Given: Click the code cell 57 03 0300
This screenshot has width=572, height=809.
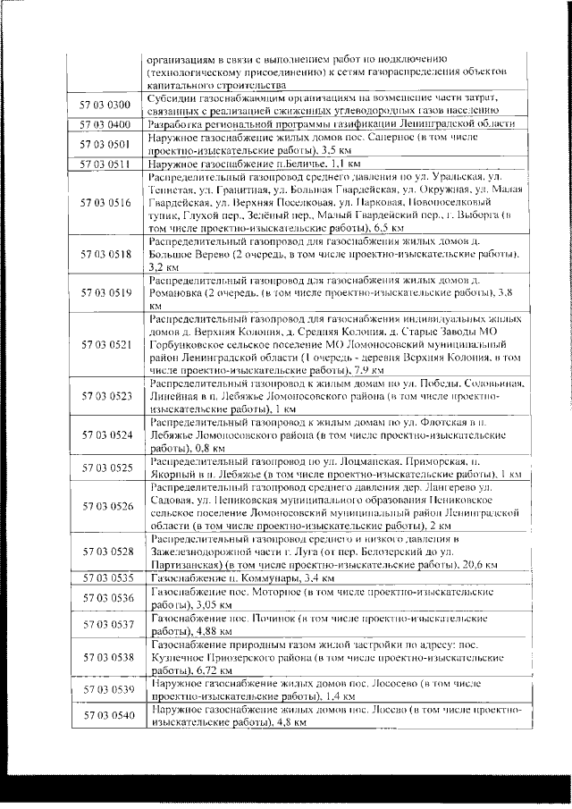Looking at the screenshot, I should [x=106, y=104].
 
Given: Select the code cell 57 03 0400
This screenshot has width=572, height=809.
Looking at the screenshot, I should [x=106, y=124].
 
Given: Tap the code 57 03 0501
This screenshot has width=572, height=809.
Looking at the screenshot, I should [x=106, y=144].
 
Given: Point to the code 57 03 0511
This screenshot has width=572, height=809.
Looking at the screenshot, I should [x=106, y=164].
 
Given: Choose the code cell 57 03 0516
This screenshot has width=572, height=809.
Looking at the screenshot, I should [x=106, y=203].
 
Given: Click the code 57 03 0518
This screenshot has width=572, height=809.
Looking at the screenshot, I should [x=106, y=254].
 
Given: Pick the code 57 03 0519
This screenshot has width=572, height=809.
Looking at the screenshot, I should [x=106, y=292].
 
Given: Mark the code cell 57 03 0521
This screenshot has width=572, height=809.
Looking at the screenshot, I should [x=106, y=343].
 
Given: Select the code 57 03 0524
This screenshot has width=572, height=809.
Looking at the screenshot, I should [x=106, y=434].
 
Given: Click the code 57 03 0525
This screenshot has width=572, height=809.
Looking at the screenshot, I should [x=106, y=467].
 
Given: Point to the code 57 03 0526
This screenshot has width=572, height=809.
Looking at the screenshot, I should [x=106, y=506].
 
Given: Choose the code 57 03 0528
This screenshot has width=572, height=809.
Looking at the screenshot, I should [x=106, y=552].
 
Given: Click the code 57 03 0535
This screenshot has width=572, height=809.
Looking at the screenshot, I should [x=106, y=578].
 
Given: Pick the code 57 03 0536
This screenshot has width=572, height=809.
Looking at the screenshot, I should [x=106, y=597].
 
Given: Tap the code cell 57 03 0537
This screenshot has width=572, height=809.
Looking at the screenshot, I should [x=106, y=624].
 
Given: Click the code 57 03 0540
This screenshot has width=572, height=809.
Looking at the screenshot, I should [x=106, y=715].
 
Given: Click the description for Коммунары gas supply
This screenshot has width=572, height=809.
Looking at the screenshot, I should [x=231, y=578].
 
